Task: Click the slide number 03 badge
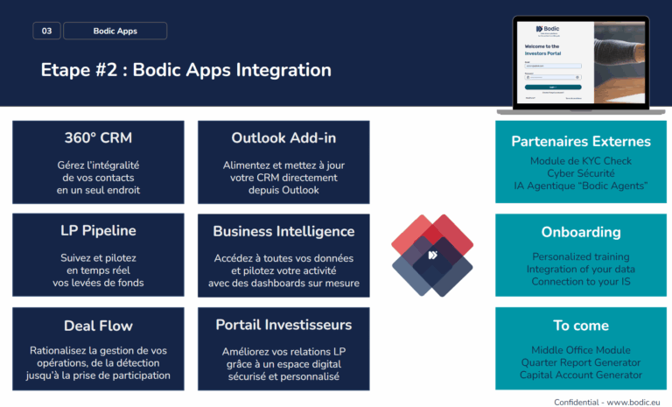(46, 31)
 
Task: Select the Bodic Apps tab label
(115, 31)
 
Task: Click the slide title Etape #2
(185, 70)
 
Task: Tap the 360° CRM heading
(98, 138)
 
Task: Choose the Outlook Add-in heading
(283, 138)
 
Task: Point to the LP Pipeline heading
(98, 231)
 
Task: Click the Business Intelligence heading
(283, 231)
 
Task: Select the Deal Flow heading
(98, 325)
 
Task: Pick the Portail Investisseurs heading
(283, 325)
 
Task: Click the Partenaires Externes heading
(581, 141)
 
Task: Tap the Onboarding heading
(581, 233)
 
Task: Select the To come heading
(581, 326)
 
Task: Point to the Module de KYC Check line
(581, 162)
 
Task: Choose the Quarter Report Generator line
(581, 362)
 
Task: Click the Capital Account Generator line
(581, 375)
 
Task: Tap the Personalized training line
(581, 256)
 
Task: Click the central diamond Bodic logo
(431, 255)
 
